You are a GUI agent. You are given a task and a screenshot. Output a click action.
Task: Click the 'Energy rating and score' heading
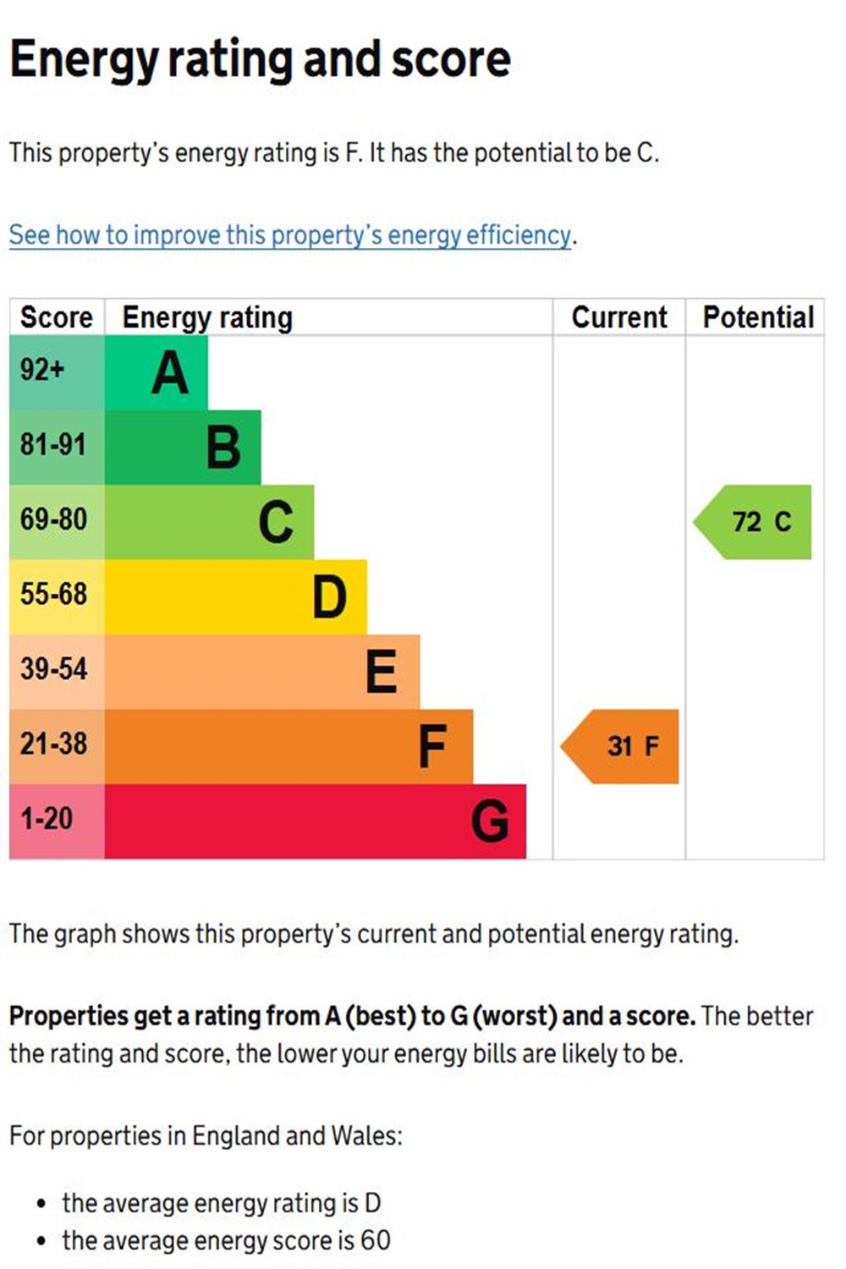coord(260,59)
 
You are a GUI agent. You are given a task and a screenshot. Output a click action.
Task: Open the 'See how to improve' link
coord(290,234)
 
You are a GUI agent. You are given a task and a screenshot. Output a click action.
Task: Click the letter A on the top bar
coord(170,373)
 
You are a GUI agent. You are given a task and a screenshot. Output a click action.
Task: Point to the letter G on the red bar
coord(490,821)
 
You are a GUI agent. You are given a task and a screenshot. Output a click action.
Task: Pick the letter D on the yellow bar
coord(329,597)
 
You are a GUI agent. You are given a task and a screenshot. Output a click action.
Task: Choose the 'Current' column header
coord(619,317)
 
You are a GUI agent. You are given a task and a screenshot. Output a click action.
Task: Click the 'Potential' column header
coord(758,317)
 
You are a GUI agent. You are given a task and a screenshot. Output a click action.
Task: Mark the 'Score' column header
coord(56,317)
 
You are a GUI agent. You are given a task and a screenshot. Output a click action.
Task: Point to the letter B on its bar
coord(223,448)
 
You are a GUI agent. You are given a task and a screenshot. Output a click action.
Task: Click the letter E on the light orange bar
coord(382,672)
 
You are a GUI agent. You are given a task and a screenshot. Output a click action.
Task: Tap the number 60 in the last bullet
coord(375,1240)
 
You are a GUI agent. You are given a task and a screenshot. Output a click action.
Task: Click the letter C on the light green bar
coord(276,522)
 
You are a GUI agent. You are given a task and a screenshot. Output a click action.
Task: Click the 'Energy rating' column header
coord(207,317)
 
